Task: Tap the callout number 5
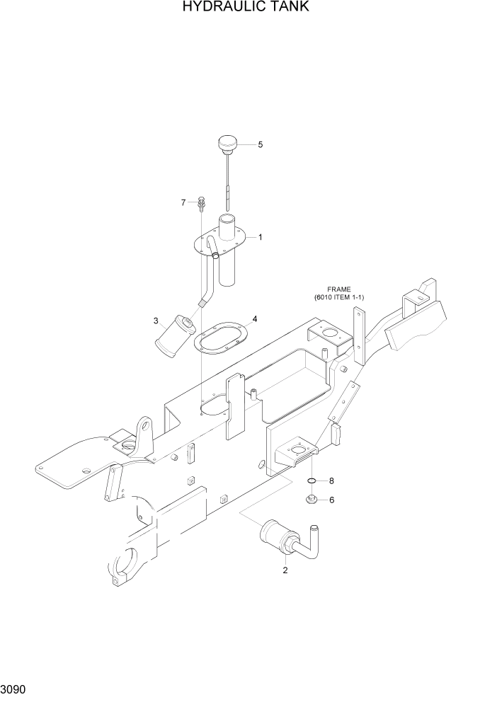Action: (260, 144)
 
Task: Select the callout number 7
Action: (183, 202)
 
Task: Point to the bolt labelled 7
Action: (202, 203)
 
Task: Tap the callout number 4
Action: (254, 318)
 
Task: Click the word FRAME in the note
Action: (338, 289)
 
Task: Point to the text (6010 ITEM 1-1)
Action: (339, 297)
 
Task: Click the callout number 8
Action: (331, 481)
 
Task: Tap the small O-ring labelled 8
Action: (312, 481)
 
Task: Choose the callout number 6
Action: (331, 500)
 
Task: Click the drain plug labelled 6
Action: (312, 500)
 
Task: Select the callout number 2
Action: (285, 570)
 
